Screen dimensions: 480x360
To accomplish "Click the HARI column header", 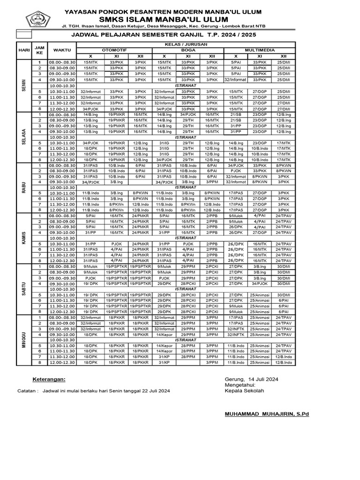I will [24, 50].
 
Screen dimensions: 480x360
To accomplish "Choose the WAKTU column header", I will [62, 50].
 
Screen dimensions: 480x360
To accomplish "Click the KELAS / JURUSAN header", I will [186, 44].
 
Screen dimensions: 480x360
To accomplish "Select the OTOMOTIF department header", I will [114, 50].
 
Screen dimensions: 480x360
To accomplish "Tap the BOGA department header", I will [188, 50].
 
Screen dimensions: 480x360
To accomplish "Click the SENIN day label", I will [24, 85].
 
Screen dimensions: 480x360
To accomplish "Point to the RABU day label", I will [24, 187].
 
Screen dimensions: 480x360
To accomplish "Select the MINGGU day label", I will [24, 340].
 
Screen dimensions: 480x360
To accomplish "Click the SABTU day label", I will [24, 289].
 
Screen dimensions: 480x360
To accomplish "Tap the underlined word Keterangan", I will [49, 379].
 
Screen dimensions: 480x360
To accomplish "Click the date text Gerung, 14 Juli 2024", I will [252, 379].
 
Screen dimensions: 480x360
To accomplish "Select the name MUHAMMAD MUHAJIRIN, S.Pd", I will [267, 414].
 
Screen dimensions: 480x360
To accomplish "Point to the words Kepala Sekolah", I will [245, 390].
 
